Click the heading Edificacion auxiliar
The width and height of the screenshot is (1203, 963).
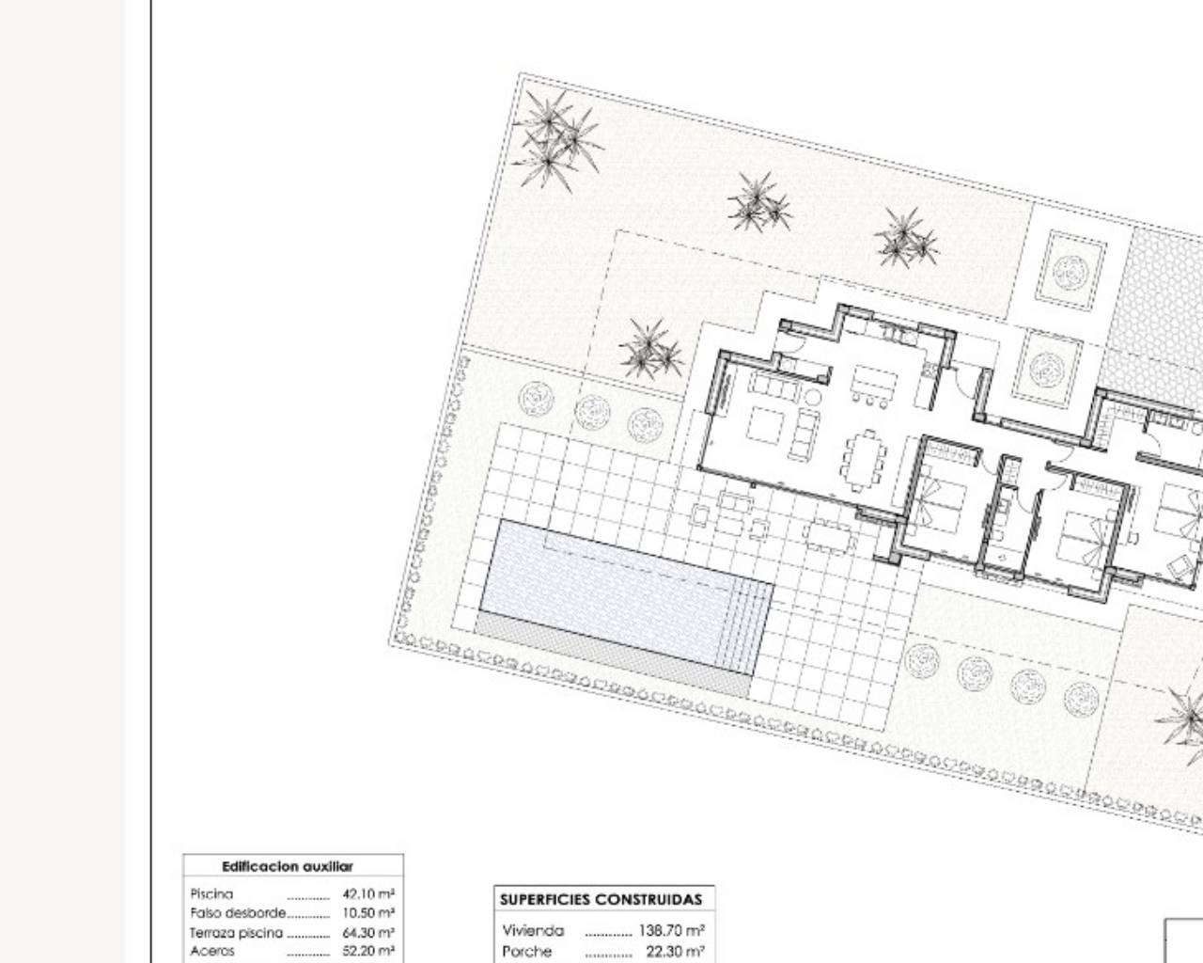tap(288, 867)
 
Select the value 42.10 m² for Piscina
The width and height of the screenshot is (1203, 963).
tap(368, 893)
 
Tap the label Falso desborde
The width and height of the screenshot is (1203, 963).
tap(238, 913)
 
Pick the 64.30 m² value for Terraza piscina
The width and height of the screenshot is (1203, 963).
tap(368, 933)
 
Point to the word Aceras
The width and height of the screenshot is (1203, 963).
tap(211, 952)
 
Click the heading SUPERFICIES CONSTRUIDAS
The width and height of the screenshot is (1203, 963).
tap(601, 900)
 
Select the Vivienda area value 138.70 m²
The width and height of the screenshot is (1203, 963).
tap(671, 930)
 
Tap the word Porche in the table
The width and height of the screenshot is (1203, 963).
tap(526, 952)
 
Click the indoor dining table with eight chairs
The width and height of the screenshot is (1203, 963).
tap(865, 460)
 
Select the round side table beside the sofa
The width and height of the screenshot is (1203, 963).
tap(812, 398)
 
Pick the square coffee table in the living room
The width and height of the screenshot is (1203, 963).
tap(766, 425)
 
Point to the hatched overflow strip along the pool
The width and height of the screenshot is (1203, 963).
tap(612, 654)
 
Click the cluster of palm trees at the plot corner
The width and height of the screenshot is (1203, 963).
tap(556, 140)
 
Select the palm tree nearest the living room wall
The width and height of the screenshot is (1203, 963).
tap(651, 349)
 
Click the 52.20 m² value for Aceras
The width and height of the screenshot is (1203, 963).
tap(368, 952)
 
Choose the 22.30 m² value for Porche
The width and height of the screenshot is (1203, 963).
tap(676, 952)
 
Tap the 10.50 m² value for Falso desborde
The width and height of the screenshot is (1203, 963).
tap(368, 913)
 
